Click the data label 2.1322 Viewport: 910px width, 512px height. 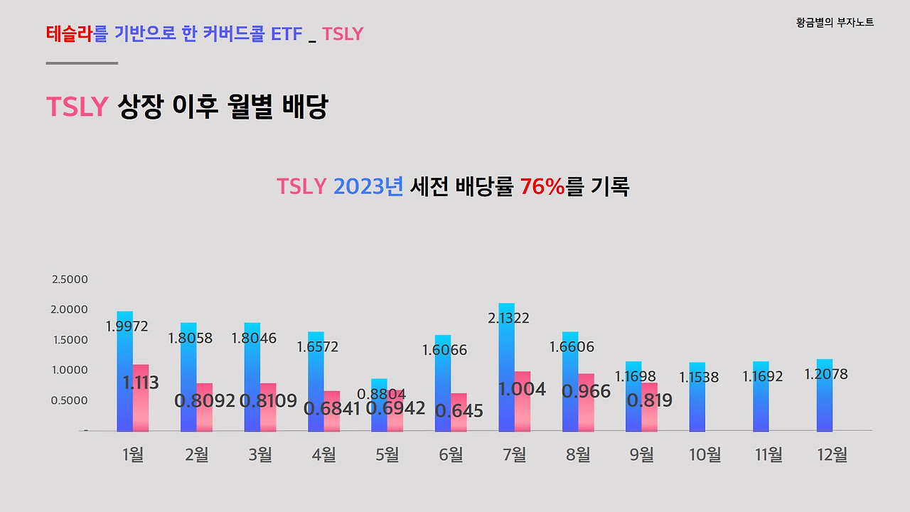point(508,319)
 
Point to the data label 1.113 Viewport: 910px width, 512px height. point(141,383)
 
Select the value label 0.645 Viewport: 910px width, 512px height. point(459,411)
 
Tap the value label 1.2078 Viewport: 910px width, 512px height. point(826,374)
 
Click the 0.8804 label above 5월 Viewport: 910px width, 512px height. point(381,394)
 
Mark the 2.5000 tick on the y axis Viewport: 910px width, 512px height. point(70,279)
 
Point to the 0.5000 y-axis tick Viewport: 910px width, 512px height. point(70,400)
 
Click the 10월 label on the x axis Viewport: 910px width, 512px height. point(705,454)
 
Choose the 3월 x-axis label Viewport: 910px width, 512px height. point(260,454)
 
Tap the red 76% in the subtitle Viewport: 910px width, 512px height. point(542,187)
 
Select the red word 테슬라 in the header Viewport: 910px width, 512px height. point(70,33)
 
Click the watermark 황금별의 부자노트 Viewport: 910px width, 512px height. point(835,23)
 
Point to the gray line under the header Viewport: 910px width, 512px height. point(82,63)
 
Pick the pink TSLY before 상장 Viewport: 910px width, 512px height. point(77,107)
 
